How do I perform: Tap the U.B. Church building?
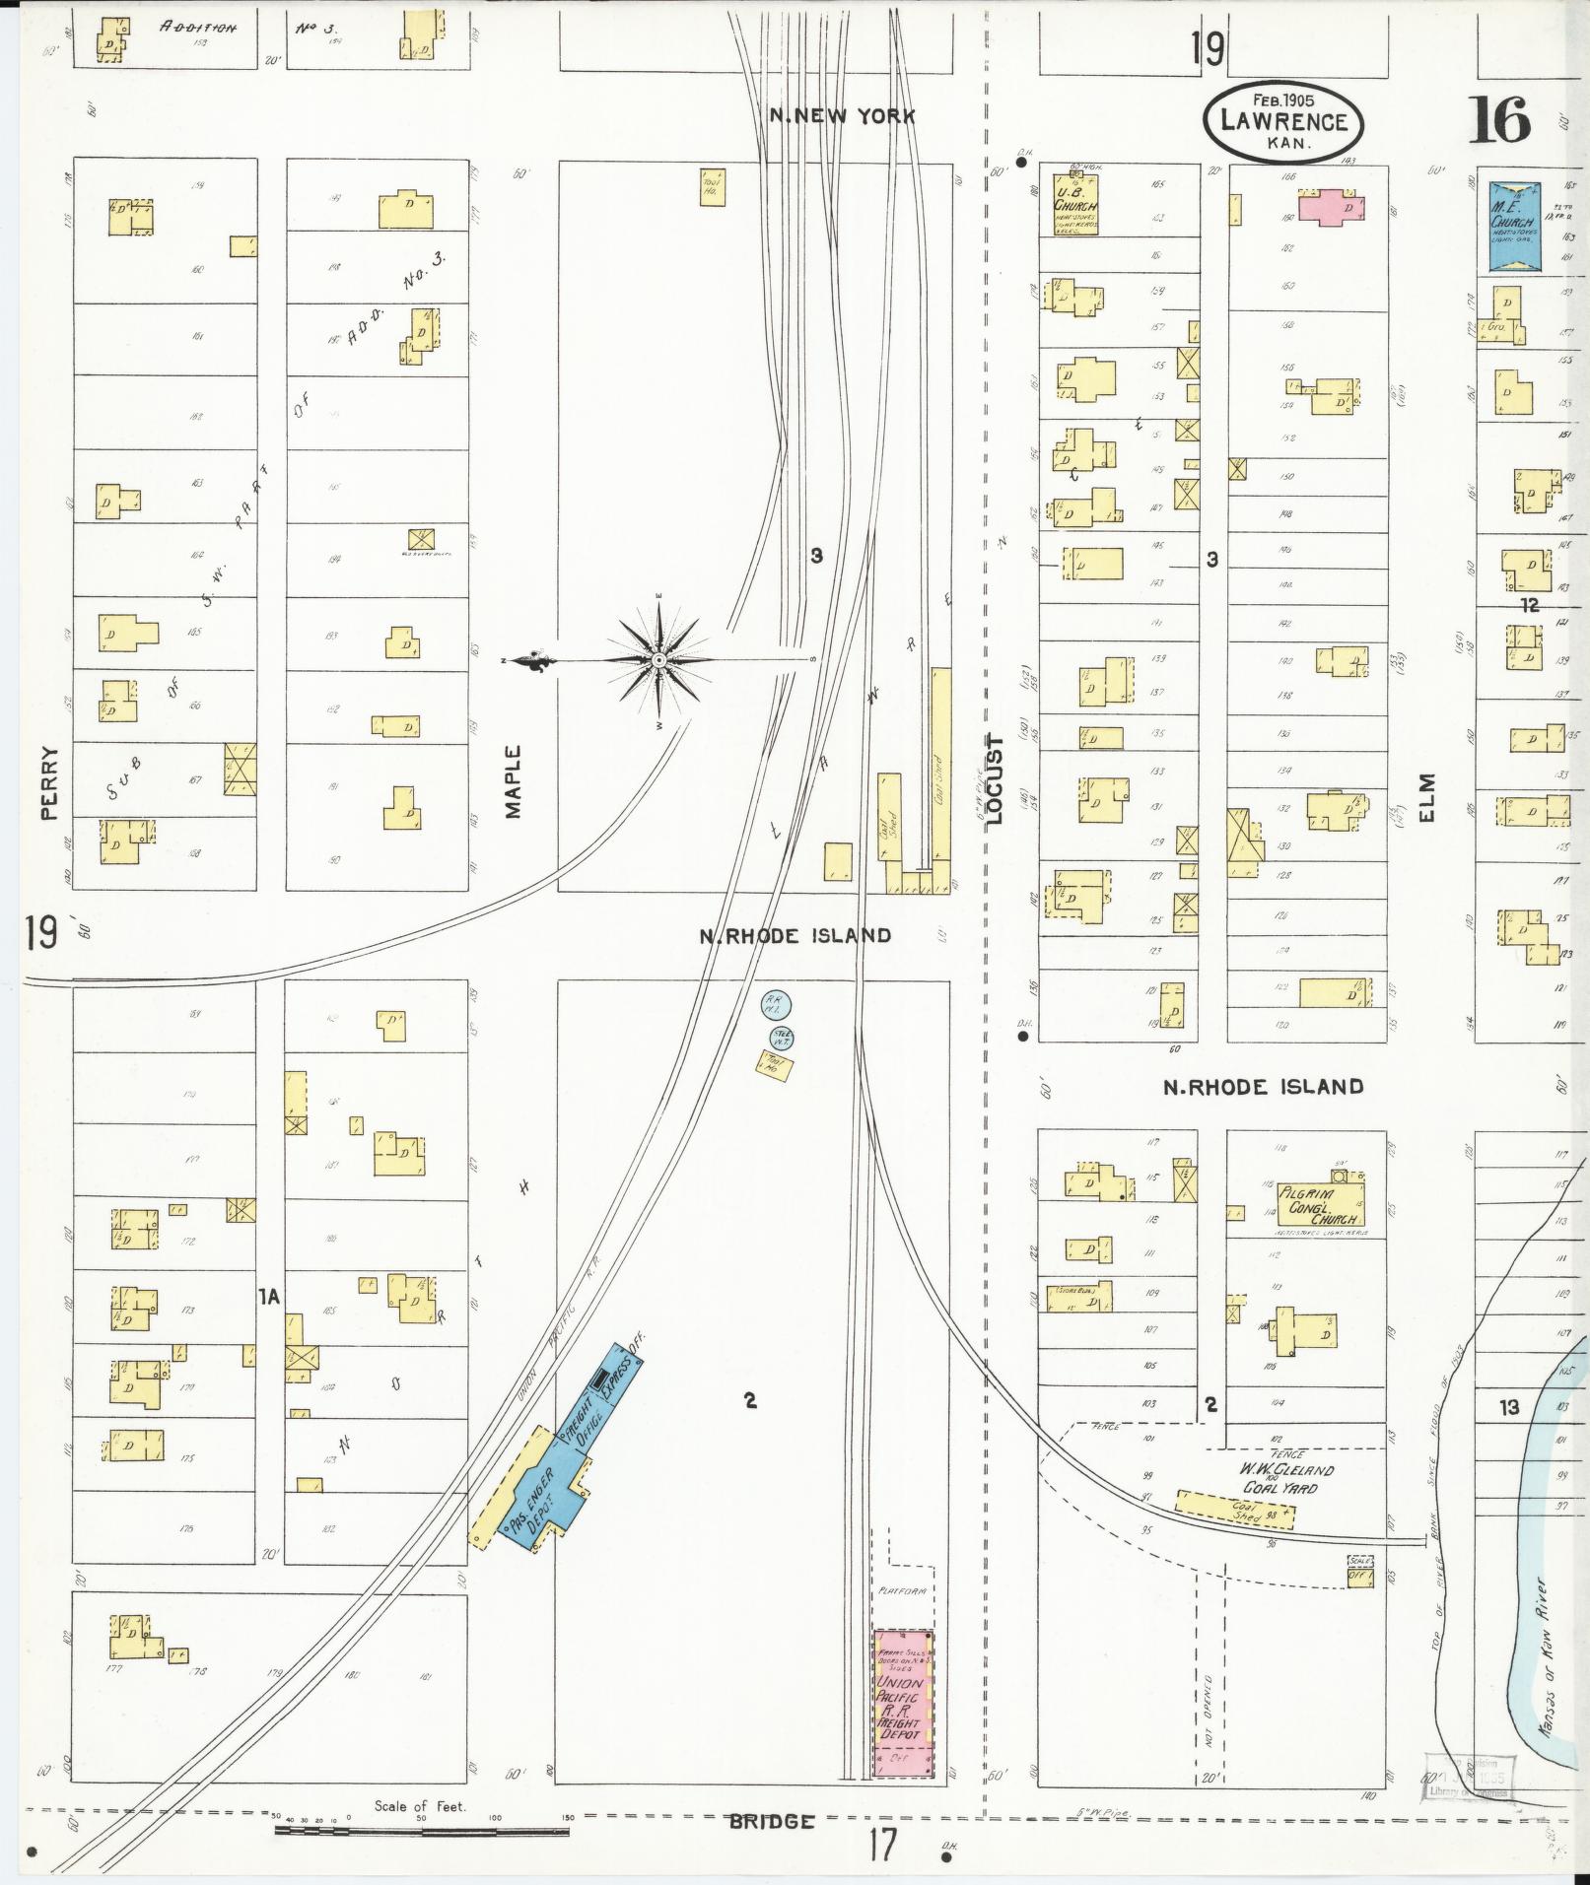coord(1074,205)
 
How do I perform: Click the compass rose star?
coord(659,658)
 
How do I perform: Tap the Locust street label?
coord(994,778)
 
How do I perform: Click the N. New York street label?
coord(842,116)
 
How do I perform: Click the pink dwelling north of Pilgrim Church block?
coord(1332,207)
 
